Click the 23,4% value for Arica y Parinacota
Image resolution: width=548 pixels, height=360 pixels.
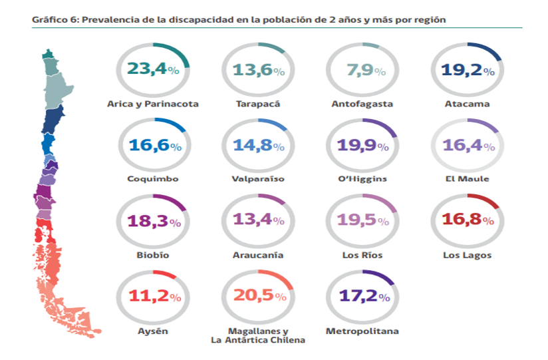[x=152, y=70]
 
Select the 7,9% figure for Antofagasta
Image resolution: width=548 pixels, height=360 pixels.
[x=362, y=70]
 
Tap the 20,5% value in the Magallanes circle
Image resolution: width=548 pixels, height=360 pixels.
[x=257, y=297]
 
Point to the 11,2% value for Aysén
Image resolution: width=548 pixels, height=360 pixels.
[x=152, y=297]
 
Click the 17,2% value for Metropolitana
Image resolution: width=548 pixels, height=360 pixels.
[x=362, y=297]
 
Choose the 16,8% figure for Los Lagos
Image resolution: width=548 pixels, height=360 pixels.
[x=468, y=221]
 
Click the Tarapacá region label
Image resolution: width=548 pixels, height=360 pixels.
[x=257, y=104]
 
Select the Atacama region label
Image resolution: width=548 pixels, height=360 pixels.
[x=468, y=104]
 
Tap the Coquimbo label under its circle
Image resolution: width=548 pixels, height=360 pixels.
[x=152, y=179]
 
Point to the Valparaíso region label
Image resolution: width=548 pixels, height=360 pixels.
[x=257, y=179]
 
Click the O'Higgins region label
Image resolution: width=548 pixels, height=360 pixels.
[x=362, y=179]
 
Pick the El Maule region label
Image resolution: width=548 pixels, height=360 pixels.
[x=468, y=179]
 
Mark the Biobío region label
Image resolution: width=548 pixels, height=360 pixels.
[x=152, y=255]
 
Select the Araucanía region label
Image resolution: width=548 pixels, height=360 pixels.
[x=257, y=255]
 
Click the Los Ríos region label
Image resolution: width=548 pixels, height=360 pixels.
[x=362, y=255]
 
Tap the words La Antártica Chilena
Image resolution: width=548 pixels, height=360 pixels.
[x=257, y=340]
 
